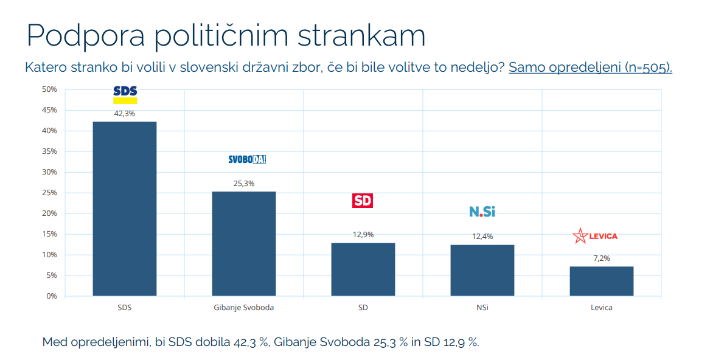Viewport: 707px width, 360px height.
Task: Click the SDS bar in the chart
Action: [124, 209]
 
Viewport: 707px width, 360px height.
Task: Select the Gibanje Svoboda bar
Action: [243, 243]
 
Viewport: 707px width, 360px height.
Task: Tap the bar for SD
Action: [363, 269]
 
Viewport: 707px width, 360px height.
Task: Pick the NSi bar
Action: [482, 270]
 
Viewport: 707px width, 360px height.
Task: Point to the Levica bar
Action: [601, 281]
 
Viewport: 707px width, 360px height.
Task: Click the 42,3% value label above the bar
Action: [124, 113]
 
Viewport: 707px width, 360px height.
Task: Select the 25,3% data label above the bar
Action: [243, 183]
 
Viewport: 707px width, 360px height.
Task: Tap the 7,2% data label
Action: [601, 258]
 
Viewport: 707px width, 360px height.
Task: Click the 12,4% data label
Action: [482, 237]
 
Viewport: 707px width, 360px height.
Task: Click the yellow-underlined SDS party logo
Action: [125, 94]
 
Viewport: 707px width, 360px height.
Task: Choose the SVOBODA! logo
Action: [247, 159]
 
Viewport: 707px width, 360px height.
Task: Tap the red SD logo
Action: [363, 201]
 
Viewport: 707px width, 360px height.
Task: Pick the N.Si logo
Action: [482, 212]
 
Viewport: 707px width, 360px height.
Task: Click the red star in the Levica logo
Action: [580, 236]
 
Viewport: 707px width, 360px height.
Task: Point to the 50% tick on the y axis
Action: [49, 89]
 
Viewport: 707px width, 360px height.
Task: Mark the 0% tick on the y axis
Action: [51, 296]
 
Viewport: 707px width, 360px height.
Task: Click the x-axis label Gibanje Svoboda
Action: [244, 308]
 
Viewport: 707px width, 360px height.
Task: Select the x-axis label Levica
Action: [601, 308]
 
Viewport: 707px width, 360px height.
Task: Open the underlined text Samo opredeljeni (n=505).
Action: [590, 67]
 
